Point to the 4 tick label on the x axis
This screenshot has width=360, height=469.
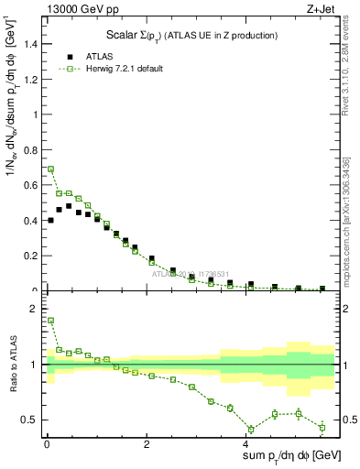247,444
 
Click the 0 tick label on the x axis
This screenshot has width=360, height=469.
47,444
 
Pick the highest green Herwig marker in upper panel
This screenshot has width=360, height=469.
50,169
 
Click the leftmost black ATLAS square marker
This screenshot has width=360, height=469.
50,220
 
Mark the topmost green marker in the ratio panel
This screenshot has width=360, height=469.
50,321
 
